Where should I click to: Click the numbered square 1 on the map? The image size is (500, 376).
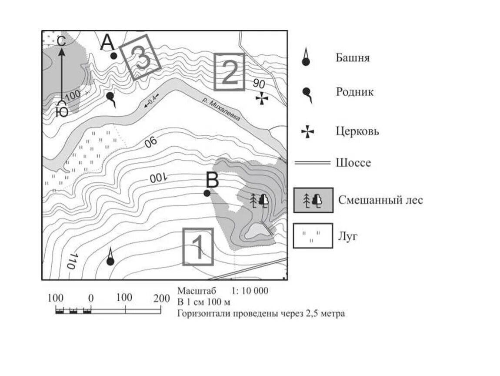click(198, 246)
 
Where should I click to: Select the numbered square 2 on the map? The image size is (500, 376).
click(230, 72)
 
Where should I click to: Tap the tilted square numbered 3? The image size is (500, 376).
click(140, 57)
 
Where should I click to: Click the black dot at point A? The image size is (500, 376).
click(113, 56)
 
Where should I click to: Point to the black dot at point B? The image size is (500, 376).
click(207, 193)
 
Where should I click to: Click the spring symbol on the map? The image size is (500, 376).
click(111, 98)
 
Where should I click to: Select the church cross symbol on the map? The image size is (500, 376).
click(262, 99)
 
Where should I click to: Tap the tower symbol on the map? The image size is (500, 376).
click(110, 258)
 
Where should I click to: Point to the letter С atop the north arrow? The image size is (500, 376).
click(61, 41)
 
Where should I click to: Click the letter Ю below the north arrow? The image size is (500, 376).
click(62, 112)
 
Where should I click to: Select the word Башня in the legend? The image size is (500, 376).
click(352, 57)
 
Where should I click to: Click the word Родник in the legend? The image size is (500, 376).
click(354, 92)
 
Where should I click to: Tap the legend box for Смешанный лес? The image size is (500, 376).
click(313, 200)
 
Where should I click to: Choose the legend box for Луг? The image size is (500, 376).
click(313, 236)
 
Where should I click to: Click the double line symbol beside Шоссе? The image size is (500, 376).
click(312, 163)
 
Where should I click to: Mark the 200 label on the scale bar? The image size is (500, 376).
click(162, 298)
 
